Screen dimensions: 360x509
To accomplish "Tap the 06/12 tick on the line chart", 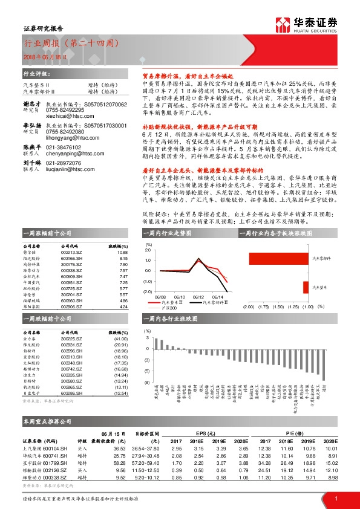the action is point(198,297).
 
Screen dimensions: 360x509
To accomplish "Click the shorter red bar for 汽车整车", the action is point(306,288).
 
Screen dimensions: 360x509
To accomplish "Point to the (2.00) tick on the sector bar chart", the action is point(248,306).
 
